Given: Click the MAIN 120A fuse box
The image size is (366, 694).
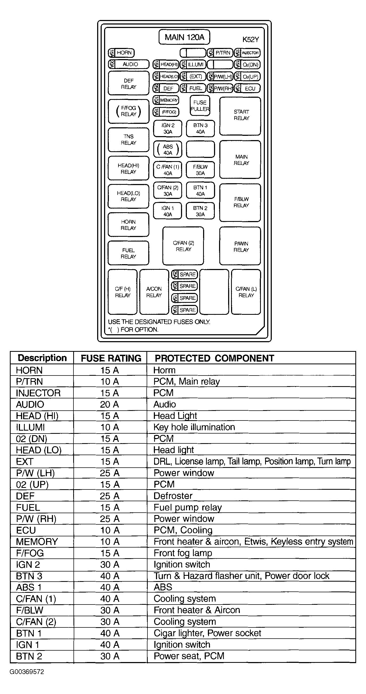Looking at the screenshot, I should [184, 37].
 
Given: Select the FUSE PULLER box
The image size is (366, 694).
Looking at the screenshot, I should [200, 106].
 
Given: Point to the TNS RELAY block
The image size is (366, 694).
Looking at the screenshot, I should [129, 140].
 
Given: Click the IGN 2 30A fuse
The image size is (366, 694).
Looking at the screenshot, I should [168, 129].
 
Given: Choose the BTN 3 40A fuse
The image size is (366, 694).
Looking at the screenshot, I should [200, 129].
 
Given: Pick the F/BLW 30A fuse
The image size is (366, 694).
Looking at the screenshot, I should [200, 170].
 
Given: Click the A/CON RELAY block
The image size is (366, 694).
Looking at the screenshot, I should [154, 292].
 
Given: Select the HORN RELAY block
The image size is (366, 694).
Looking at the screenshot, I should [129, 225].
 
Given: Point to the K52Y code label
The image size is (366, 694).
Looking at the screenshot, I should [250, 40].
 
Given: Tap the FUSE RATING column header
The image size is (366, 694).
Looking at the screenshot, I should [111, 358].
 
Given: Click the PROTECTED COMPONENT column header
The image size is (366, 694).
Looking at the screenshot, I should [214, 358].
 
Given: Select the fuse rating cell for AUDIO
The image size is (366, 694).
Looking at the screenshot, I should [109, 404].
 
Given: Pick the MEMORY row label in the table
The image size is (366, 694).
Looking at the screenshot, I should [37, 541].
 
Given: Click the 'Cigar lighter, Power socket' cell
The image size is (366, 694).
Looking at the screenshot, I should [207, 633].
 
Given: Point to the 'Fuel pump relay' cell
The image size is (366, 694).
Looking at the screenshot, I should [187, 507].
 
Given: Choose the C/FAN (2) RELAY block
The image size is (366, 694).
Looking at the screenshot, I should [183, 246].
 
